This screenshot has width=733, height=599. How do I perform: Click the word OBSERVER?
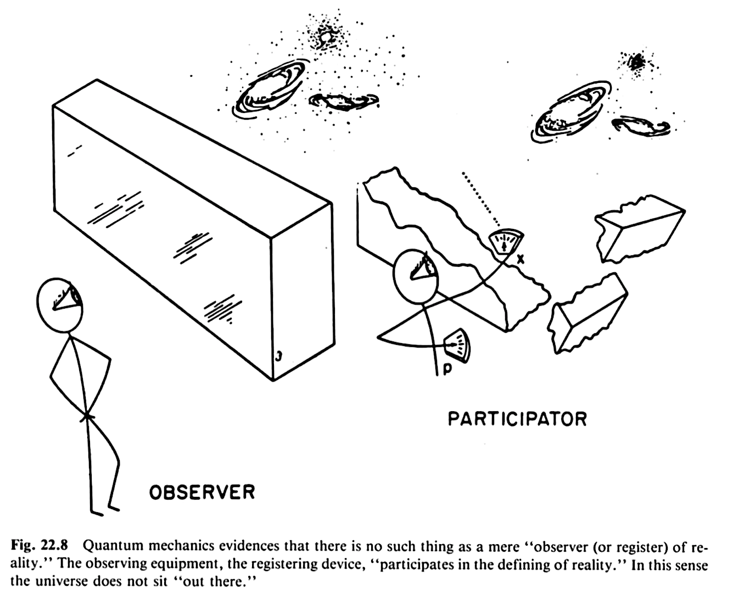click(202, 491)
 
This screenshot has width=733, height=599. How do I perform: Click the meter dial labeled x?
click(505, 241)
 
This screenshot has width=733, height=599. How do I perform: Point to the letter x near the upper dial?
click(520, 257)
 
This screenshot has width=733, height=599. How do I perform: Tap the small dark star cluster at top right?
click(638, 62)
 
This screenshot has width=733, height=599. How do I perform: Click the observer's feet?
click(104, 510)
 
